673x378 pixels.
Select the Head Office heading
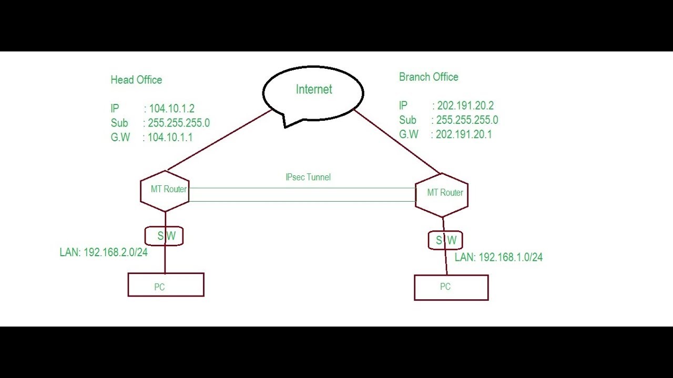tap(136, 80)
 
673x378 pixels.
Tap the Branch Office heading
tap(429, 77)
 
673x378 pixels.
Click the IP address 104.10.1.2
tap(172, 109)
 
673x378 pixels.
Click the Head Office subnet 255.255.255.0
tap(179, 123)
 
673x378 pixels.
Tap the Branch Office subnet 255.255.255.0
tap(467, 120)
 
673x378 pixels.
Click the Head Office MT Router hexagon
tap(165, 191)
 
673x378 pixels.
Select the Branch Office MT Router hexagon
tap(442, 194)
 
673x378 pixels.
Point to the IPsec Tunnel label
tap(308, 177)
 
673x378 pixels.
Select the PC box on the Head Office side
tap(166, 285)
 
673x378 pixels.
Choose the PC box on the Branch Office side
tap(451, 288)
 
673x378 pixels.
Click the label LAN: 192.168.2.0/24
tap(104, 253)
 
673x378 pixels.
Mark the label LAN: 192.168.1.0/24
tap(498, 257)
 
